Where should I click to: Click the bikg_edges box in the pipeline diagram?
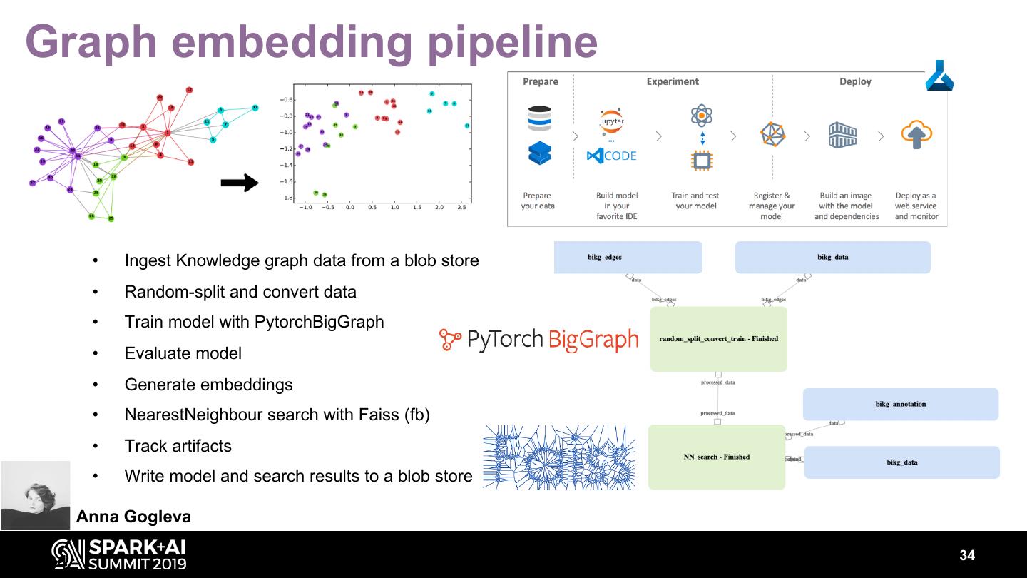[x=628, y=257]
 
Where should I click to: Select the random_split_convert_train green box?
[x=718, y=339]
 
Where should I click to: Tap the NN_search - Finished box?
[x=716, y=457]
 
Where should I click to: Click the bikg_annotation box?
[x=900, y=404]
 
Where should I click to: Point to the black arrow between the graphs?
[x=240, y=183]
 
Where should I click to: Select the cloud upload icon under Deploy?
[x=916, y=134]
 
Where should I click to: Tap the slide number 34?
[x=966, y=556]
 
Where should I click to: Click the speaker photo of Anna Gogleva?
[x=36, y=495]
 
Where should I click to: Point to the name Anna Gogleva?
[x=133, y=517]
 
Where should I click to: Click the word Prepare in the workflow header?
[x=540, y=81]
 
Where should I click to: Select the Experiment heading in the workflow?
[x=673, y=81]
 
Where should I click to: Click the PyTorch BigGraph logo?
[x=539, y=340]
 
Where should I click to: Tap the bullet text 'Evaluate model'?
[x=183, y=353]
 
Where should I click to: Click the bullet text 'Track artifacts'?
[x=178, y=446]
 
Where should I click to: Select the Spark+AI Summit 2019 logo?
[x=119, y=555]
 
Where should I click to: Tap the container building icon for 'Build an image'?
[x=842, y=134]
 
